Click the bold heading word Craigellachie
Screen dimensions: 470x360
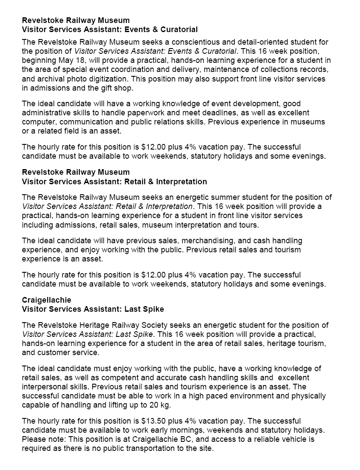pyautogui.click(x=46, y=300)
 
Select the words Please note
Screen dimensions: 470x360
pyautogui.click(x=42, y=439)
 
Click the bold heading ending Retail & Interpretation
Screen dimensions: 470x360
pyautogui.click(x=114, y=181)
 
